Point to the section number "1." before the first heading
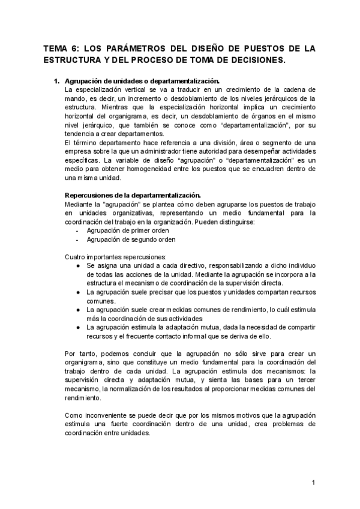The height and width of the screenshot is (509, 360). [58, 80]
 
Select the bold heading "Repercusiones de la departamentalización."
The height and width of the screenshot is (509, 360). [133, 195]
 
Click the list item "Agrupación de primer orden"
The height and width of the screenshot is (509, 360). [128, 230]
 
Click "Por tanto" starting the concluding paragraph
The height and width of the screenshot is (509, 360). [80, 354]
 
